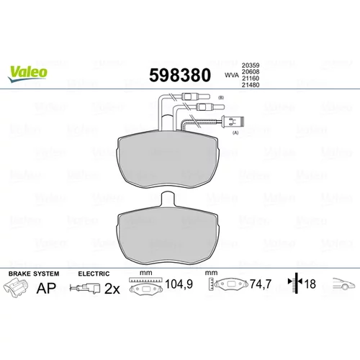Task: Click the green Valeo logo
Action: tap(28, 74)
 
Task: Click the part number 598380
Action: tap(180, 75)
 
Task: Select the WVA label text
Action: tap(232, 75)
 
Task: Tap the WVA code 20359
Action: tap(251, 65)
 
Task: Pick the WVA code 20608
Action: tap(251, 71)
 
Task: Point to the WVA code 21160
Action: tap(251, 78)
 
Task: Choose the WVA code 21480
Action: tap(251, 85)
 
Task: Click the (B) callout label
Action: tap(221, 97)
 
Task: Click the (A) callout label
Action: tap(235, 132)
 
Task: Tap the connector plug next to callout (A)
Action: tap(233, 121)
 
